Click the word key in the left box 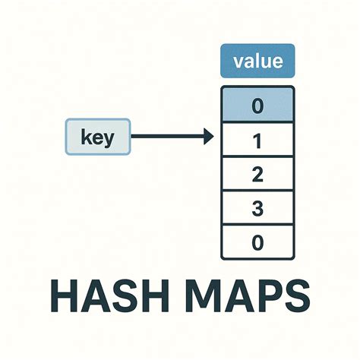[x=98, y=137]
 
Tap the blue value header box [x=257, y=61]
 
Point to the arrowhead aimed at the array [x=209, y=137]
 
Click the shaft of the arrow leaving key [x=167, y=137]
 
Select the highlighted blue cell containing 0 [x=257, y=105]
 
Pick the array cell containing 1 [x=257, y=140]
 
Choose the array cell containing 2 [x=257, y=173]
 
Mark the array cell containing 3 [x=257, y=208]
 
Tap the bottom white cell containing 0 [x=257, y=242]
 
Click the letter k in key [x=86, y=136]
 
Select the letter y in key [x=109, y=140]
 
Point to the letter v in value [x=238, y=62]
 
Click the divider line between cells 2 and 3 [x=257, y=191]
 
